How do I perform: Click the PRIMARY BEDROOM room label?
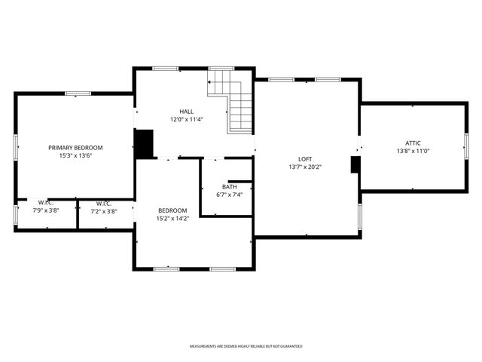point(75,148)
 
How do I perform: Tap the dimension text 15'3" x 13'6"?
point(75,156)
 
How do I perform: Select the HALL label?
point(186,112)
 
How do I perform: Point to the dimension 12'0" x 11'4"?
point(186,119)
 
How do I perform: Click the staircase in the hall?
point(233,102)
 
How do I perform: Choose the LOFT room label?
point(305,159)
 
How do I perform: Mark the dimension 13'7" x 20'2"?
point(305,167)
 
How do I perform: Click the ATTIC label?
point(413,143)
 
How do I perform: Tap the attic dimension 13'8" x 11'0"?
point(413,151)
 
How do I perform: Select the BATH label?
point(229,186)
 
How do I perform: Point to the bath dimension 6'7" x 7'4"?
point(229,195)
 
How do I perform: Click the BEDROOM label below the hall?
point(172,210)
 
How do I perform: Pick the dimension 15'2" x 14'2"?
point(172,219)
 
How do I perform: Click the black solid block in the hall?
point(144,143)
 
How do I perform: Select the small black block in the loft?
point(355,165)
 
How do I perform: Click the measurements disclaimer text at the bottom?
point(246,346)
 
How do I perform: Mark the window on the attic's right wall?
point(466,147)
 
